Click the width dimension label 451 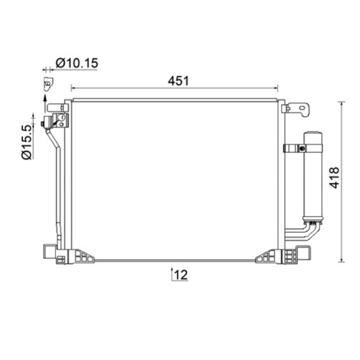[178, 81]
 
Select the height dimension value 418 [334, 178]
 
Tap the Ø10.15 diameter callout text [76, 63]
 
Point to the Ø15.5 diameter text [27, 142]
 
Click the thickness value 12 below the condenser [181, 275]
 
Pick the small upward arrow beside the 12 [172, 274]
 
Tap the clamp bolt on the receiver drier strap [302, 148]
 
